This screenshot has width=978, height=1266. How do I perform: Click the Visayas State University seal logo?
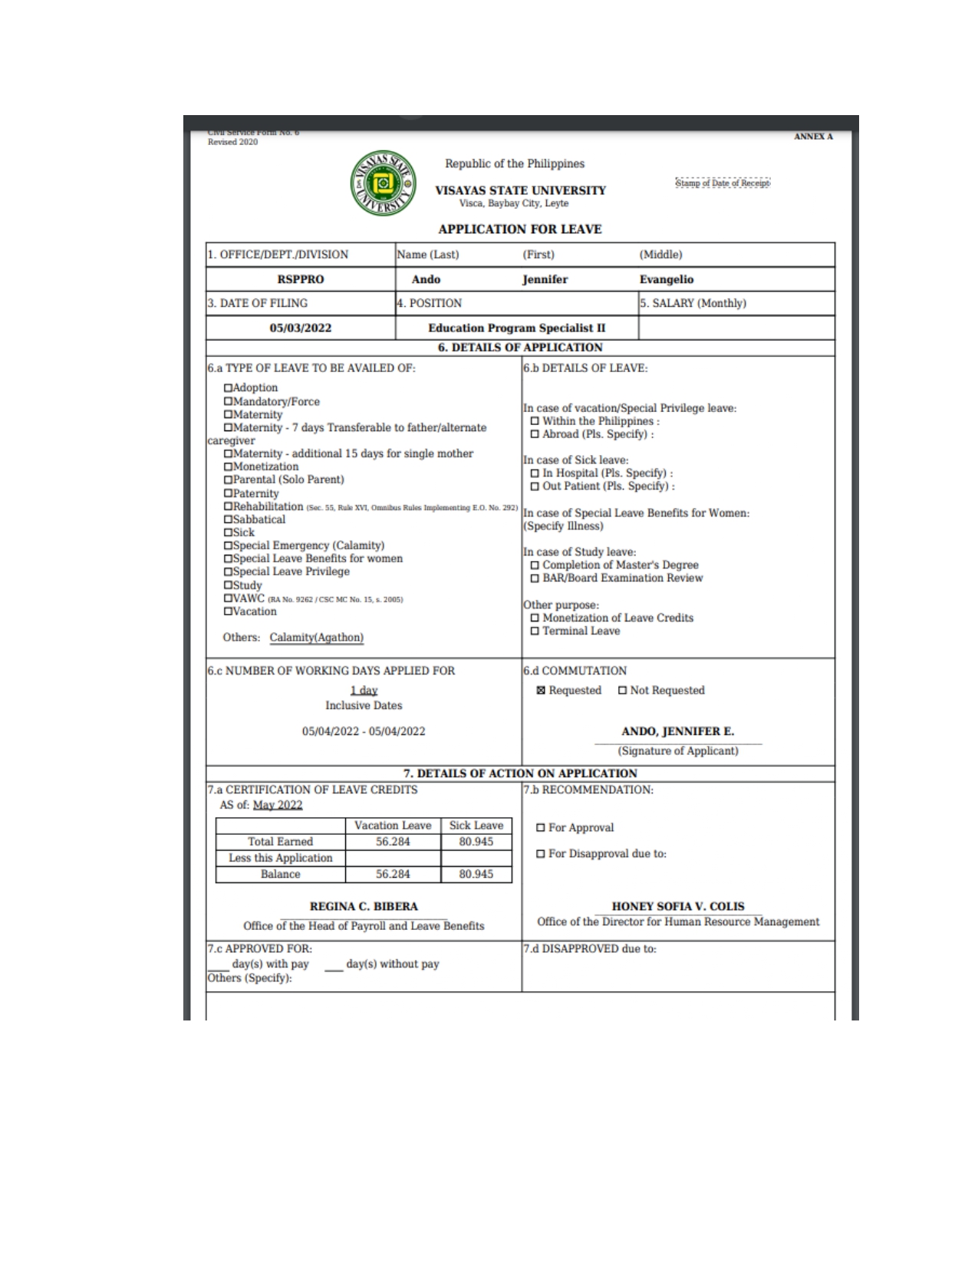pyautogui.click(x=383, y=183)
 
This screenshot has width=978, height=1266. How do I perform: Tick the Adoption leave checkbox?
pyautogui.click(x=228, y=388)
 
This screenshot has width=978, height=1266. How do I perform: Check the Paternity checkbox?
pyautogui.click(x=228, y=493)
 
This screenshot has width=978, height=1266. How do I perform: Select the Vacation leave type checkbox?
pyautogui.click(x=228, y=612)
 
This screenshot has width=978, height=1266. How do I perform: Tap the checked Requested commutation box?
pyautogui.click(x=541, y=691)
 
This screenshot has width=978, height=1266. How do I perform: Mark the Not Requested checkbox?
pyautogui.click(x=622, y=691)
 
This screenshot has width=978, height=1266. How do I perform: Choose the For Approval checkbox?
pyautogui.click(x=541, y=828)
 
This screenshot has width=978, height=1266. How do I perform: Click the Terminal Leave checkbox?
pyautogui.click(x=535, y=631)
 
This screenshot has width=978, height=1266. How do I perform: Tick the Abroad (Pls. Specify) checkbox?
pyautogui.click(x=535, y=434)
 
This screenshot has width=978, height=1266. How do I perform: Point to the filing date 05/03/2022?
pyautogui.click(x=300, y=328)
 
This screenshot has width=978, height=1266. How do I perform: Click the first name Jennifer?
pyautogui.click(x=545, y=279)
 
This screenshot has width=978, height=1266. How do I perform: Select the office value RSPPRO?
pyautogui.click(x=300, y=279)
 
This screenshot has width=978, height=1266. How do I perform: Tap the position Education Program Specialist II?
pyautogui.click(x=516, y=328)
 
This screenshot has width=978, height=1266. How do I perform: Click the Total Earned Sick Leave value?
pyautogui.click(x=476, y=842)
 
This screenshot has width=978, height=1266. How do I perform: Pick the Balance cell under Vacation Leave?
pyautogui.click(x=393, y=874)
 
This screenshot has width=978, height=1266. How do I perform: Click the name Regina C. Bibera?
pyautogui.click(x=364, y=906)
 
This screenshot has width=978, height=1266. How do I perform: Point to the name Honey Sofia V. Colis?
pyautogui.click(x=678, y=906)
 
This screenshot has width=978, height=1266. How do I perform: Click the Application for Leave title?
pyautogui.click(x=519, y=229)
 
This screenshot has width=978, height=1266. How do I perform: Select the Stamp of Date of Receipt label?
pyautogui.click(x=723, y=183)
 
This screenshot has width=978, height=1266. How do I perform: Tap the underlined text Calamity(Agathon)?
pyautogui.click(x=316, y=638)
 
